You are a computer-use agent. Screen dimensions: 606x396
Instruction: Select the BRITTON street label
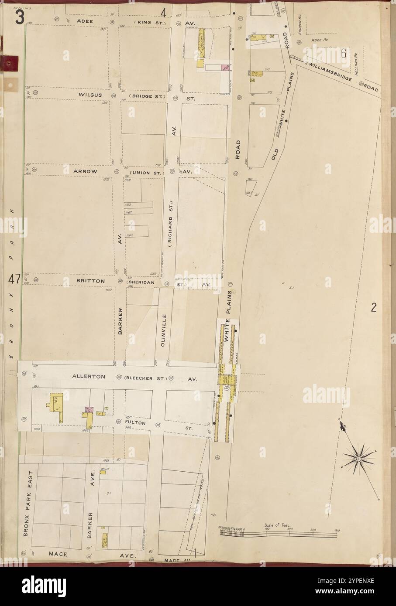pos(92,281)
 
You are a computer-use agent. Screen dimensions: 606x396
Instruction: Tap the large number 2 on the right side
pos(374,308)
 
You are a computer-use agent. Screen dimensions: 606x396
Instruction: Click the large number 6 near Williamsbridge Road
pos(344,54)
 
